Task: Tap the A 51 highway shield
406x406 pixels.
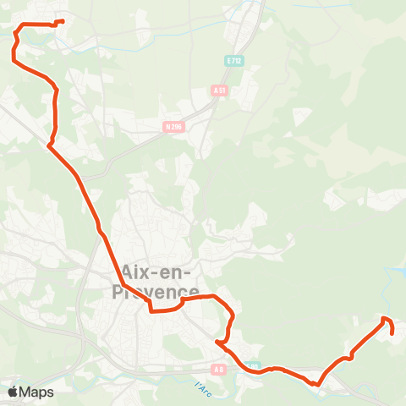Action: click(220, 90)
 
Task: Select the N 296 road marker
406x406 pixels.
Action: click(173, 127)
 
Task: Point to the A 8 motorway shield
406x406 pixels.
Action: click(219, 369)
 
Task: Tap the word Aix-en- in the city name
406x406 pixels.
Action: click(157, 272)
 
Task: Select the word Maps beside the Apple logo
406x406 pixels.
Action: click(36, 392)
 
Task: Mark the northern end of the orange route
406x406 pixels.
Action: click(63, 21)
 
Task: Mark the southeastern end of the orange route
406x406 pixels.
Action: click(393, 333)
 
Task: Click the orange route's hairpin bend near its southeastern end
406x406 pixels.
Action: click(385, 318)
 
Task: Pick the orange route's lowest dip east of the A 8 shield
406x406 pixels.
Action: click(315, 384)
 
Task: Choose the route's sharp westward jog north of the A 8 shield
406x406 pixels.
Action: click(218, 343)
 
